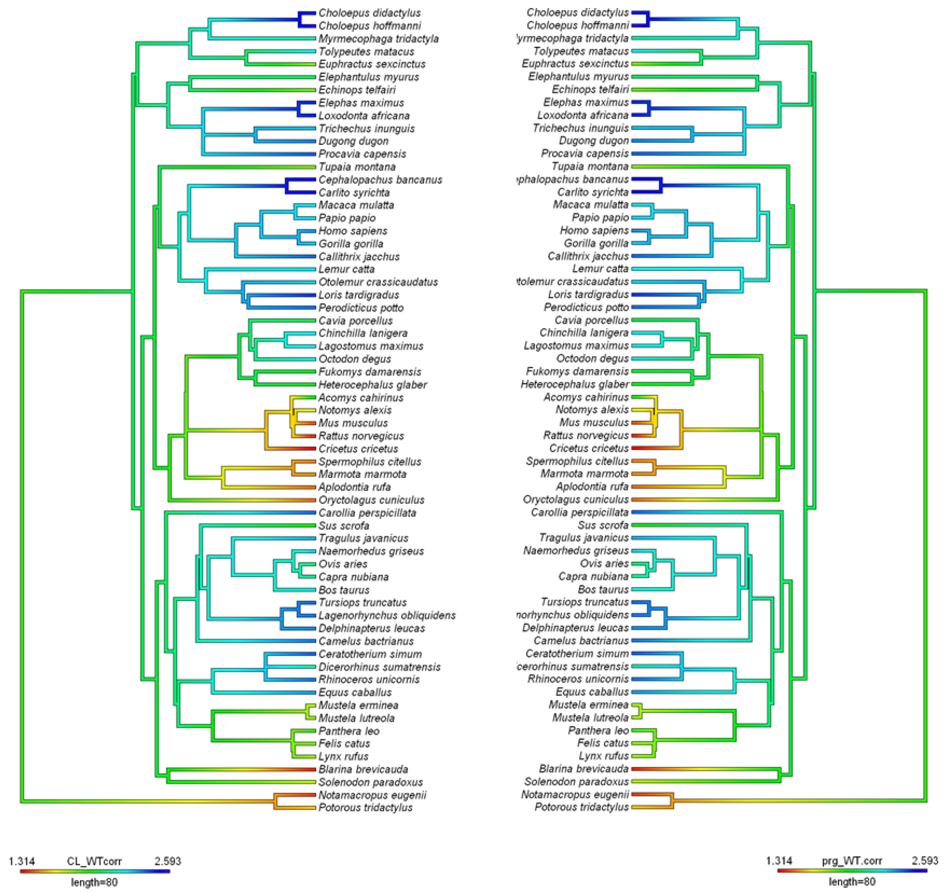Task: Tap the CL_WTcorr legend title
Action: click(x=94, y=861)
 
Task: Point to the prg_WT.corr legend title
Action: click(x=852, y=861)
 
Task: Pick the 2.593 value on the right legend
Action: click(x=924, y=861)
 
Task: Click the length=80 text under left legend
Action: click(x=94, y=882)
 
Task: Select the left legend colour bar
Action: click(x=94, y=871)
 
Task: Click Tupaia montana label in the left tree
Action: click(x=357, y=167)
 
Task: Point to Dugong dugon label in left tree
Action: click(x=353, y=141)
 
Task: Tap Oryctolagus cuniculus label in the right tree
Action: click(x=575, y=499)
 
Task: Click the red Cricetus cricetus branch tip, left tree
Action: click(x=305, y=448)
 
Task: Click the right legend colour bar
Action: click(x=852, y=871)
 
